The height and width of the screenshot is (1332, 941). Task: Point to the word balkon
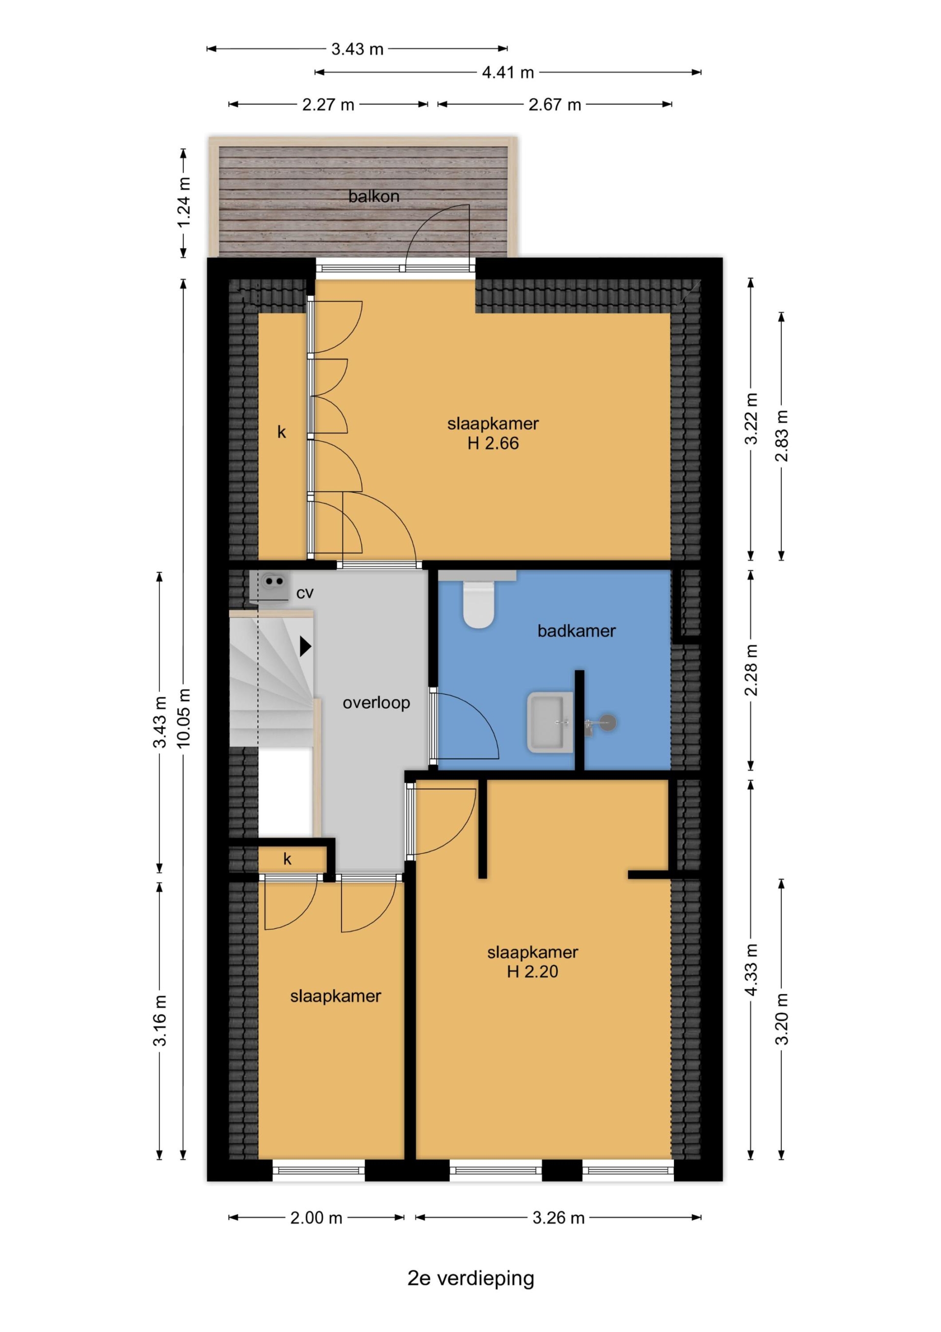[374, 196]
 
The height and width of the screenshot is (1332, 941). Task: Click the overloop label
[376, 703]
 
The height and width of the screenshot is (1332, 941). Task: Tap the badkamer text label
[576, 631]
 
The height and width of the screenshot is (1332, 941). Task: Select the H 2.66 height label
[493, 443]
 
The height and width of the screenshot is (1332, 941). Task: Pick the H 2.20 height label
[532, 971]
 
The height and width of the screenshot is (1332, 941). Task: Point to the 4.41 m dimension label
[508, 73]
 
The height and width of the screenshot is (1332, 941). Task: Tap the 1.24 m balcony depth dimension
[184, 203]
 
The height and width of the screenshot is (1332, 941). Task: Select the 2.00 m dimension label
[316, 1218]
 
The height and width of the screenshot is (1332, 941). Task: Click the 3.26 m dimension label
[558, 1218]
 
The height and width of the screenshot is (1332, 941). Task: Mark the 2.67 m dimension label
[555, 104]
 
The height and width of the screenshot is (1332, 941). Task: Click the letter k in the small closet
[287, 859]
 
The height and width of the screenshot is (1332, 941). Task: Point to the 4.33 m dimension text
[751, 970]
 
